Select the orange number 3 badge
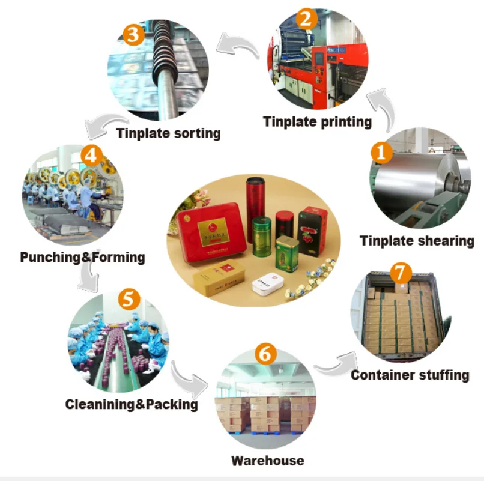point(133,34)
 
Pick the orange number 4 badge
point(90,155)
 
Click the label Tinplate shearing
point(417,241)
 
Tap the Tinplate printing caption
point(317,122)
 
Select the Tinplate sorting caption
point(168,133)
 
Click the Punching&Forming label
point(82,258)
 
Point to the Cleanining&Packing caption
point(132,404)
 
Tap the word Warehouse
point(267,461)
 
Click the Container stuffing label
point(410,375)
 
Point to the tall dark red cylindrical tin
point(256,195)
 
